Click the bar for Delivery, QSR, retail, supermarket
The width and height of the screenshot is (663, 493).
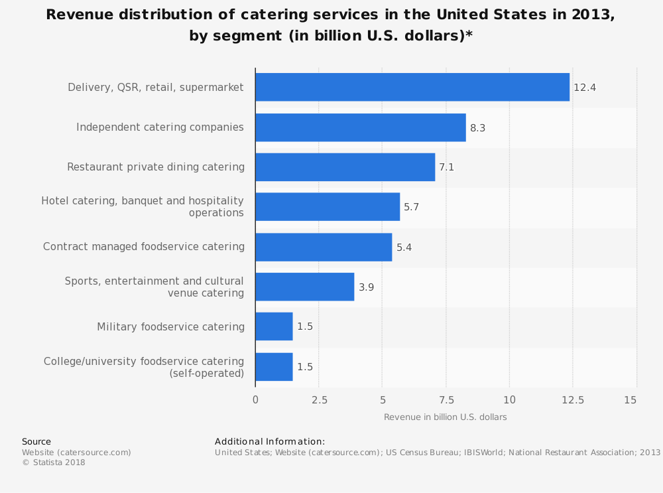412,87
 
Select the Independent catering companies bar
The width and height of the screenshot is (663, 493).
360,127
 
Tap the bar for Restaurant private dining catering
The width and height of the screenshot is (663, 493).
345,167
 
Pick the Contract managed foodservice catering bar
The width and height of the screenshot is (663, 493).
323,247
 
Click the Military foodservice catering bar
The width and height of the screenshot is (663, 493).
274,326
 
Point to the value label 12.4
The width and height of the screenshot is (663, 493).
585,88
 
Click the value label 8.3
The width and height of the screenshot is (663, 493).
477,128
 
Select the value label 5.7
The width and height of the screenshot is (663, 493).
411,208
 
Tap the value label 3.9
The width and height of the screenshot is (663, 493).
366,287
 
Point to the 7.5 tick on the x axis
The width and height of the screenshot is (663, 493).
446,400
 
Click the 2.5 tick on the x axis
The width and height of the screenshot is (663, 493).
319,400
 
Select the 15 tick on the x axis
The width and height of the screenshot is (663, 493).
631,400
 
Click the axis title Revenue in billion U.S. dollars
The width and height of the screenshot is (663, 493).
445,417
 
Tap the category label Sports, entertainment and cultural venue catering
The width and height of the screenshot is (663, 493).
154,287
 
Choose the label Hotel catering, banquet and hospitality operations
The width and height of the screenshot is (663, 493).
143,206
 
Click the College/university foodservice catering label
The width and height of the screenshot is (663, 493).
144,367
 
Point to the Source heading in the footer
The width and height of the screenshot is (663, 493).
36,442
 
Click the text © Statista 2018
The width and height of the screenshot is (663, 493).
54,463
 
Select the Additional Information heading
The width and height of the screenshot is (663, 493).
270,442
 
